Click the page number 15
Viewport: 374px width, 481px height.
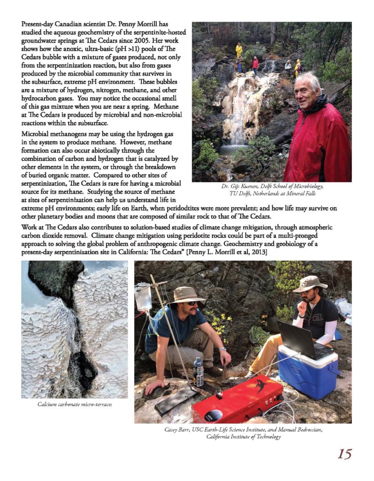344,454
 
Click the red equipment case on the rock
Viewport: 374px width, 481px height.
237,399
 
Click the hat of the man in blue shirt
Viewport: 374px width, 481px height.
187,294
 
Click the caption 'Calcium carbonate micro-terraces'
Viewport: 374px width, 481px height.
75,404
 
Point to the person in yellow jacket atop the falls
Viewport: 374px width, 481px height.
239,49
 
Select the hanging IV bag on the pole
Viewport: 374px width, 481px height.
143,296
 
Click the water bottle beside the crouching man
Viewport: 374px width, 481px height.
199,372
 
